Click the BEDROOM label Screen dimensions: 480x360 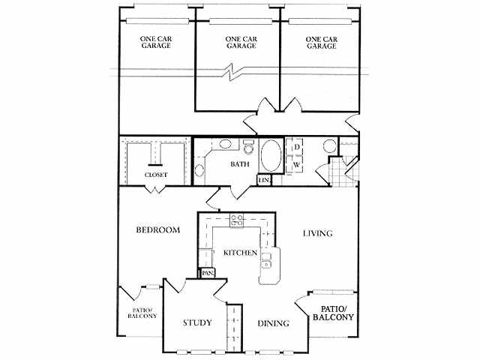pyautogui.click(x=158, y=230)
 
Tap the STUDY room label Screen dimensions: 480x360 pyautogui.click(x=197, y=322)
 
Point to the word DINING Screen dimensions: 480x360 pyautogui.click(x=273, y=323)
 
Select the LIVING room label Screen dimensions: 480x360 pyautogui.click(x=318, y=233)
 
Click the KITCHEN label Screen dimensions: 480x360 pyautogui.click(x=240, y=253)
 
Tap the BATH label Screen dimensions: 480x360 pyautogui.click(x=240, y=164)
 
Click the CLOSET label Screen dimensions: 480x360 pyautogui.click(x=156, y=175)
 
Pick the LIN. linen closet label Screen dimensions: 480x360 pyautogui.click(x=264, y=181)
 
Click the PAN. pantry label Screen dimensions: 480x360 pyautogui.click(x=208, y=273)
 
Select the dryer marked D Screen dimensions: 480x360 pyautogui.click(x=297, y=147)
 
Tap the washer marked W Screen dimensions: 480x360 pyautogui.click(x=296, y=165)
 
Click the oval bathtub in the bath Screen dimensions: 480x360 pyautogui.click(x=271, y=156)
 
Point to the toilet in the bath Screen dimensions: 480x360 pyautogui.click(x=247, y=147)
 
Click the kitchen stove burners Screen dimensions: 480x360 pyautogui.click(x=237, y=220)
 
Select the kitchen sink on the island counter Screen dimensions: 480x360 pyautogui.click(x=266, y=260)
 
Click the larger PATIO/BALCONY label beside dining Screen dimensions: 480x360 pyautogui.click(x=333, y=313)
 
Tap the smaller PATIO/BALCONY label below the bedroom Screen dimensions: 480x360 pyautogui.click(x=142, y=313)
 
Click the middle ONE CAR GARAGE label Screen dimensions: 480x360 pyautogui.click(x=241, y=43)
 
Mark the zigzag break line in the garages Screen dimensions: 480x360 pyautogui.click(x=232, y=72)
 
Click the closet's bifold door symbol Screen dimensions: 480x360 pyautogui.click(x=155, y=190)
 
